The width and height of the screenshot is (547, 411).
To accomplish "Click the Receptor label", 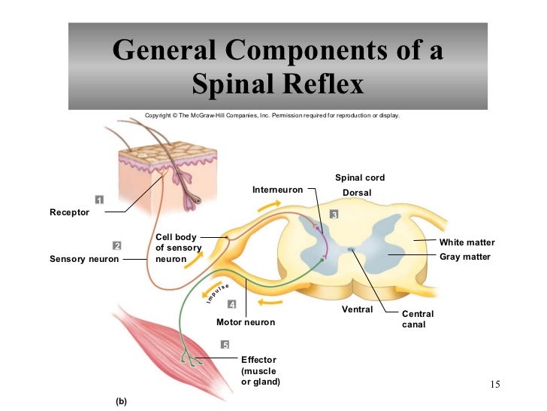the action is pos(69,212).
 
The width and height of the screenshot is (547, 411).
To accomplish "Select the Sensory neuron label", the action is pos(84,259).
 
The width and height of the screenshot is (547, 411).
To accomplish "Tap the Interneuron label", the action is pos(278,190).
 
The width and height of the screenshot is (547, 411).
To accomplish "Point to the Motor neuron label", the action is pos(246,322).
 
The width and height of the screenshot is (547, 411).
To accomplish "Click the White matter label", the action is pos(467,242).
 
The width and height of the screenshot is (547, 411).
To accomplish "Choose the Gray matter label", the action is pos(465,257).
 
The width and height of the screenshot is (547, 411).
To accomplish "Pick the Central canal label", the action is pos(418,319).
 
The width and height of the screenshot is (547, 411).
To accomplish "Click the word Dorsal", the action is pos(357,193).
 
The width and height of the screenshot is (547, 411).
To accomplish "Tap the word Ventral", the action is pos(357,309).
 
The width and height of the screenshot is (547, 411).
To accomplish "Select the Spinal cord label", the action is pos(360,178).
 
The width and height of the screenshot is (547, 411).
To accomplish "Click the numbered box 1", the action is pos(99,199).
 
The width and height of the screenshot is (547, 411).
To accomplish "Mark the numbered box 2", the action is pos(117,245).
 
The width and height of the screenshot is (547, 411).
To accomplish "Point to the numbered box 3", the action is pos(334,215).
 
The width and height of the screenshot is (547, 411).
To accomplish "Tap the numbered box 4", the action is pos(231,304).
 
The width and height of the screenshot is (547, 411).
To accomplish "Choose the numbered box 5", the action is pos(225,345).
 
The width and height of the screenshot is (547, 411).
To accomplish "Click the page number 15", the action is pos(495,385).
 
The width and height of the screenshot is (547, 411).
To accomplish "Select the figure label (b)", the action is pos(121,401).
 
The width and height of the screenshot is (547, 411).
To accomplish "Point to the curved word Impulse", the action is pos(218,294).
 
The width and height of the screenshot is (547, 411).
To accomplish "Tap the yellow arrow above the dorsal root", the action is pos(269,205).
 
